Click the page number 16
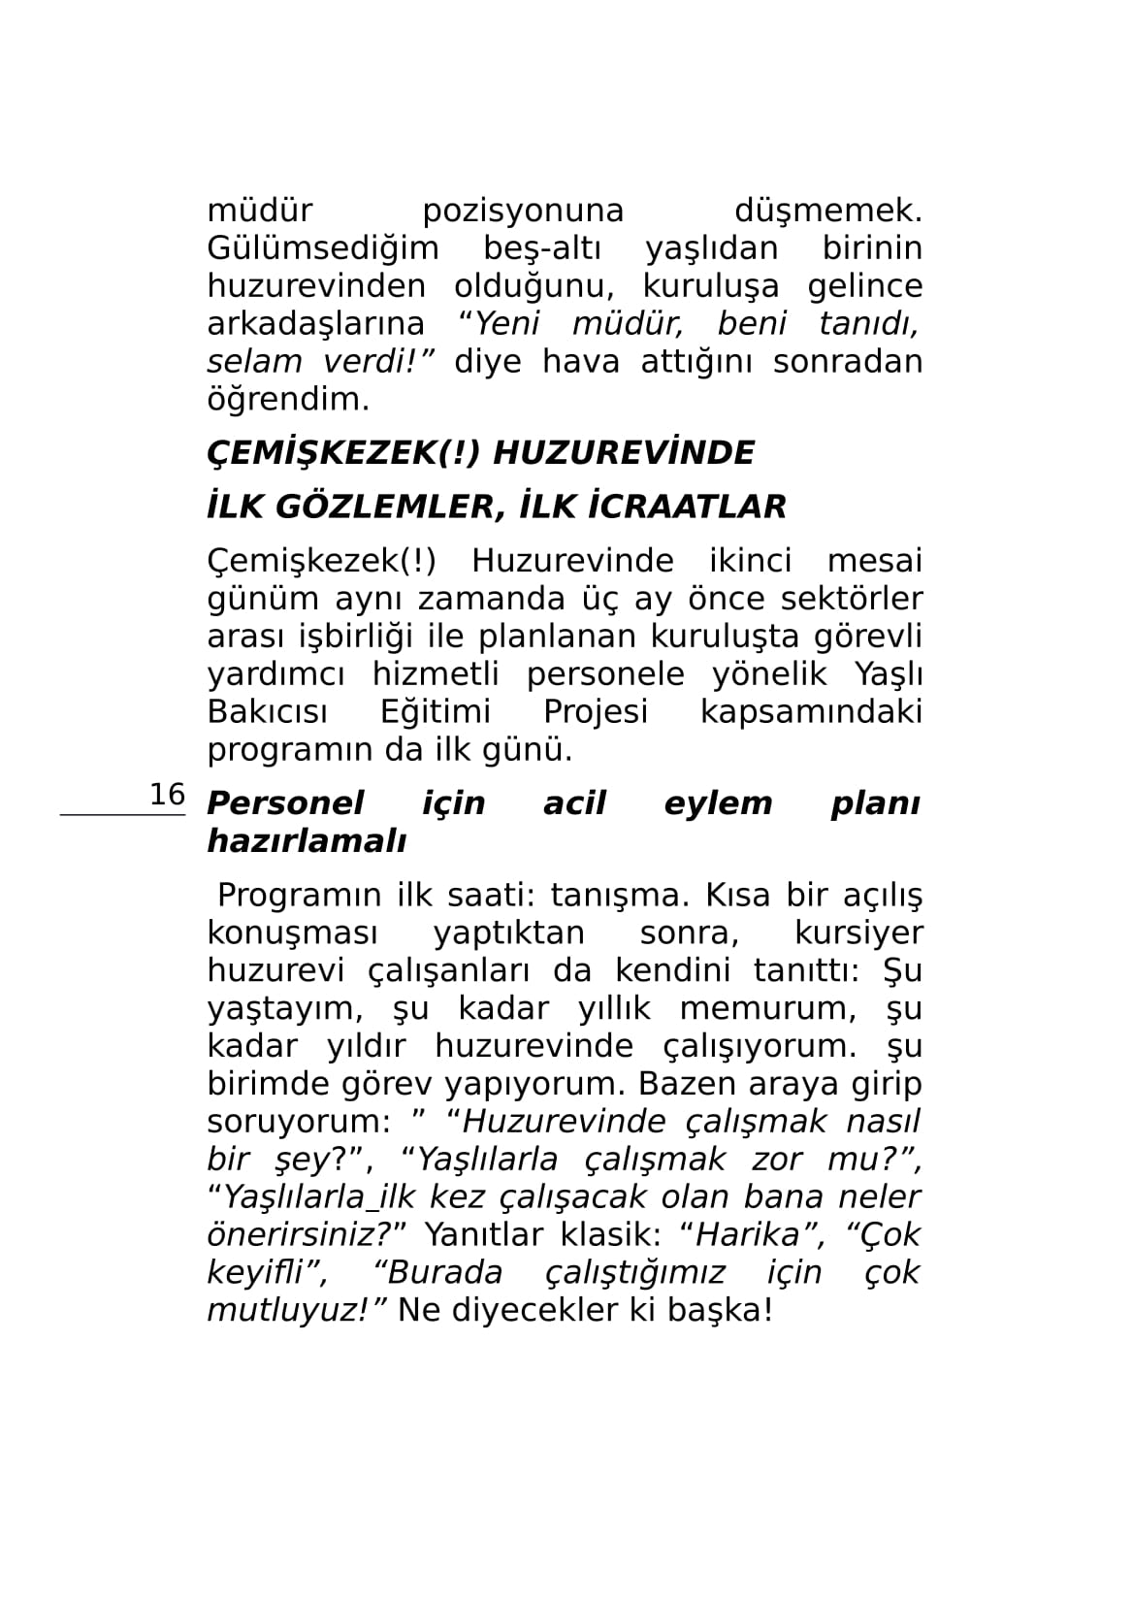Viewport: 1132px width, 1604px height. click(167, 795)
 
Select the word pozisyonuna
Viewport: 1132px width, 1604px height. click(523, 212)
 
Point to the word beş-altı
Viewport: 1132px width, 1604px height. click(542, 249)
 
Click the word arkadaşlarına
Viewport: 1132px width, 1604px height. click(316, 324)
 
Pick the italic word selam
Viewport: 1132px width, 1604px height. click(255, 362)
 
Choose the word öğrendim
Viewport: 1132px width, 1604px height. click(288, 399)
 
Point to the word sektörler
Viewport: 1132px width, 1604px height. click(848, 600)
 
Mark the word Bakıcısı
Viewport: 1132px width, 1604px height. click(267, 712)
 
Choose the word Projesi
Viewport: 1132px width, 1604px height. click(596, 712)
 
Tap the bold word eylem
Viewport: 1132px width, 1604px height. click(718, 803)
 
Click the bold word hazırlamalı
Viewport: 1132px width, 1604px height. click(307, 841)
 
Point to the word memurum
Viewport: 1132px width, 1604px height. click(767, 1009)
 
